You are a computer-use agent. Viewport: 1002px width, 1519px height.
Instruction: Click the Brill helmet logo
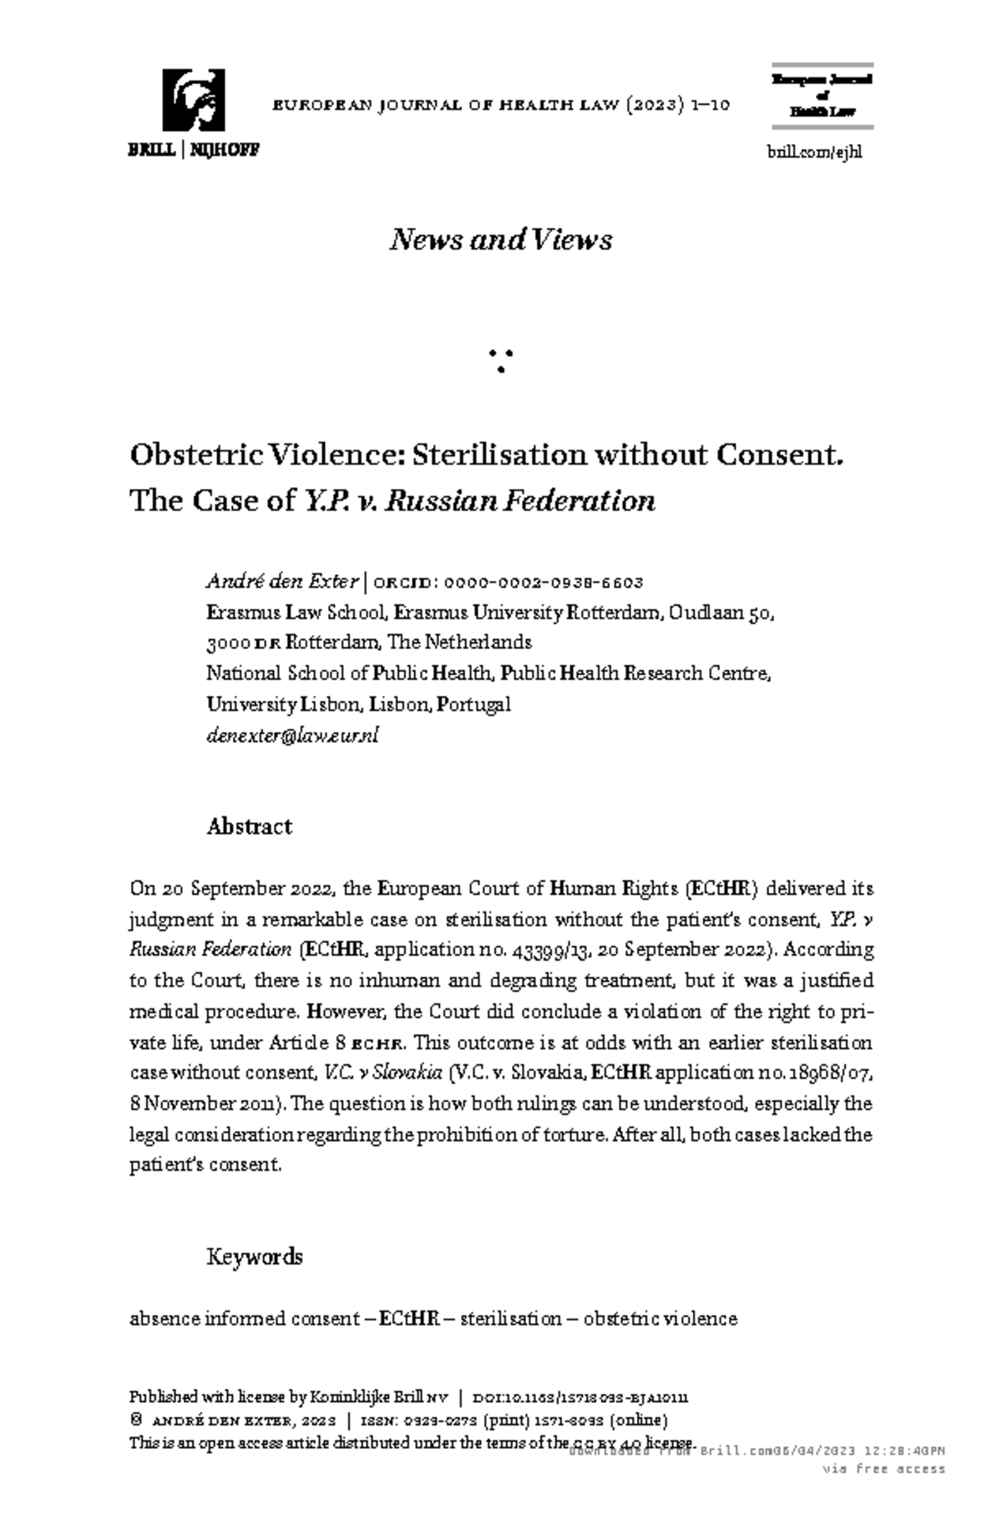(193, 100)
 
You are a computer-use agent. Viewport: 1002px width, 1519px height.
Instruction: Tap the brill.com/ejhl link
(814, 152)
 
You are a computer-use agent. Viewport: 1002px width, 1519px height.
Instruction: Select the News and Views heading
(500, 240)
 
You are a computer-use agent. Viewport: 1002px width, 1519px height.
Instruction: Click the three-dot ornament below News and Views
(500, 361)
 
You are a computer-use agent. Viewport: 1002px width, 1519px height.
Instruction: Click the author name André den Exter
(282, 582)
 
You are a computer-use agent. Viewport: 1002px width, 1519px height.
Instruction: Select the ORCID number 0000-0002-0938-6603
(544, 583)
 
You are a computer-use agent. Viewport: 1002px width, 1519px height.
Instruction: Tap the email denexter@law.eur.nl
(292, 735)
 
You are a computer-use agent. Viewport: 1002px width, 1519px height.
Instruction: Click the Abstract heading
(249, 827)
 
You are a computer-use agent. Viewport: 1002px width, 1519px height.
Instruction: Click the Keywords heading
(254, 1257)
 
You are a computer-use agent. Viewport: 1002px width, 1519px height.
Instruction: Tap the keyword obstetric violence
(660, 1319)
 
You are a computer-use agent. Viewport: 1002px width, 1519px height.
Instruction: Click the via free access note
(883, 1469)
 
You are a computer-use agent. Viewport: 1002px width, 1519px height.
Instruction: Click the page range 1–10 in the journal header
(711, 106)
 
